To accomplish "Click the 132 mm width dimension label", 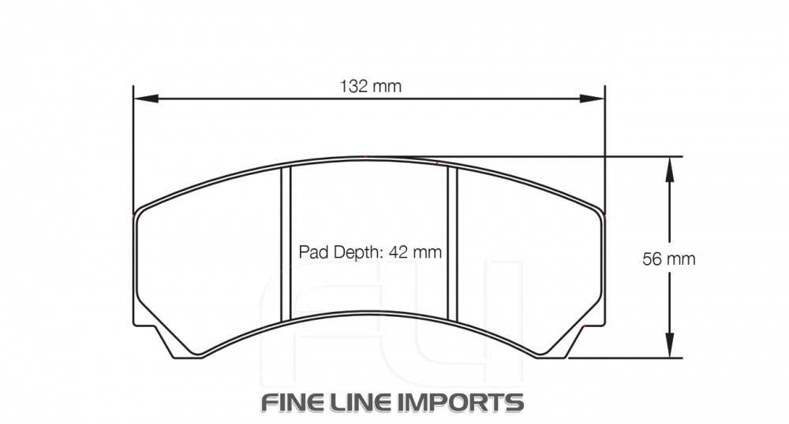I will pos(370,86).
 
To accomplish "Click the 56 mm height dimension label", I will pos(669,258).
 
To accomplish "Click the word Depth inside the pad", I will pos(354,253).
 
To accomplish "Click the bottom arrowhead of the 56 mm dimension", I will pos(669,346).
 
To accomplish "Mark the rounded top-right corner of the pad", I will pos(598,210).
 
